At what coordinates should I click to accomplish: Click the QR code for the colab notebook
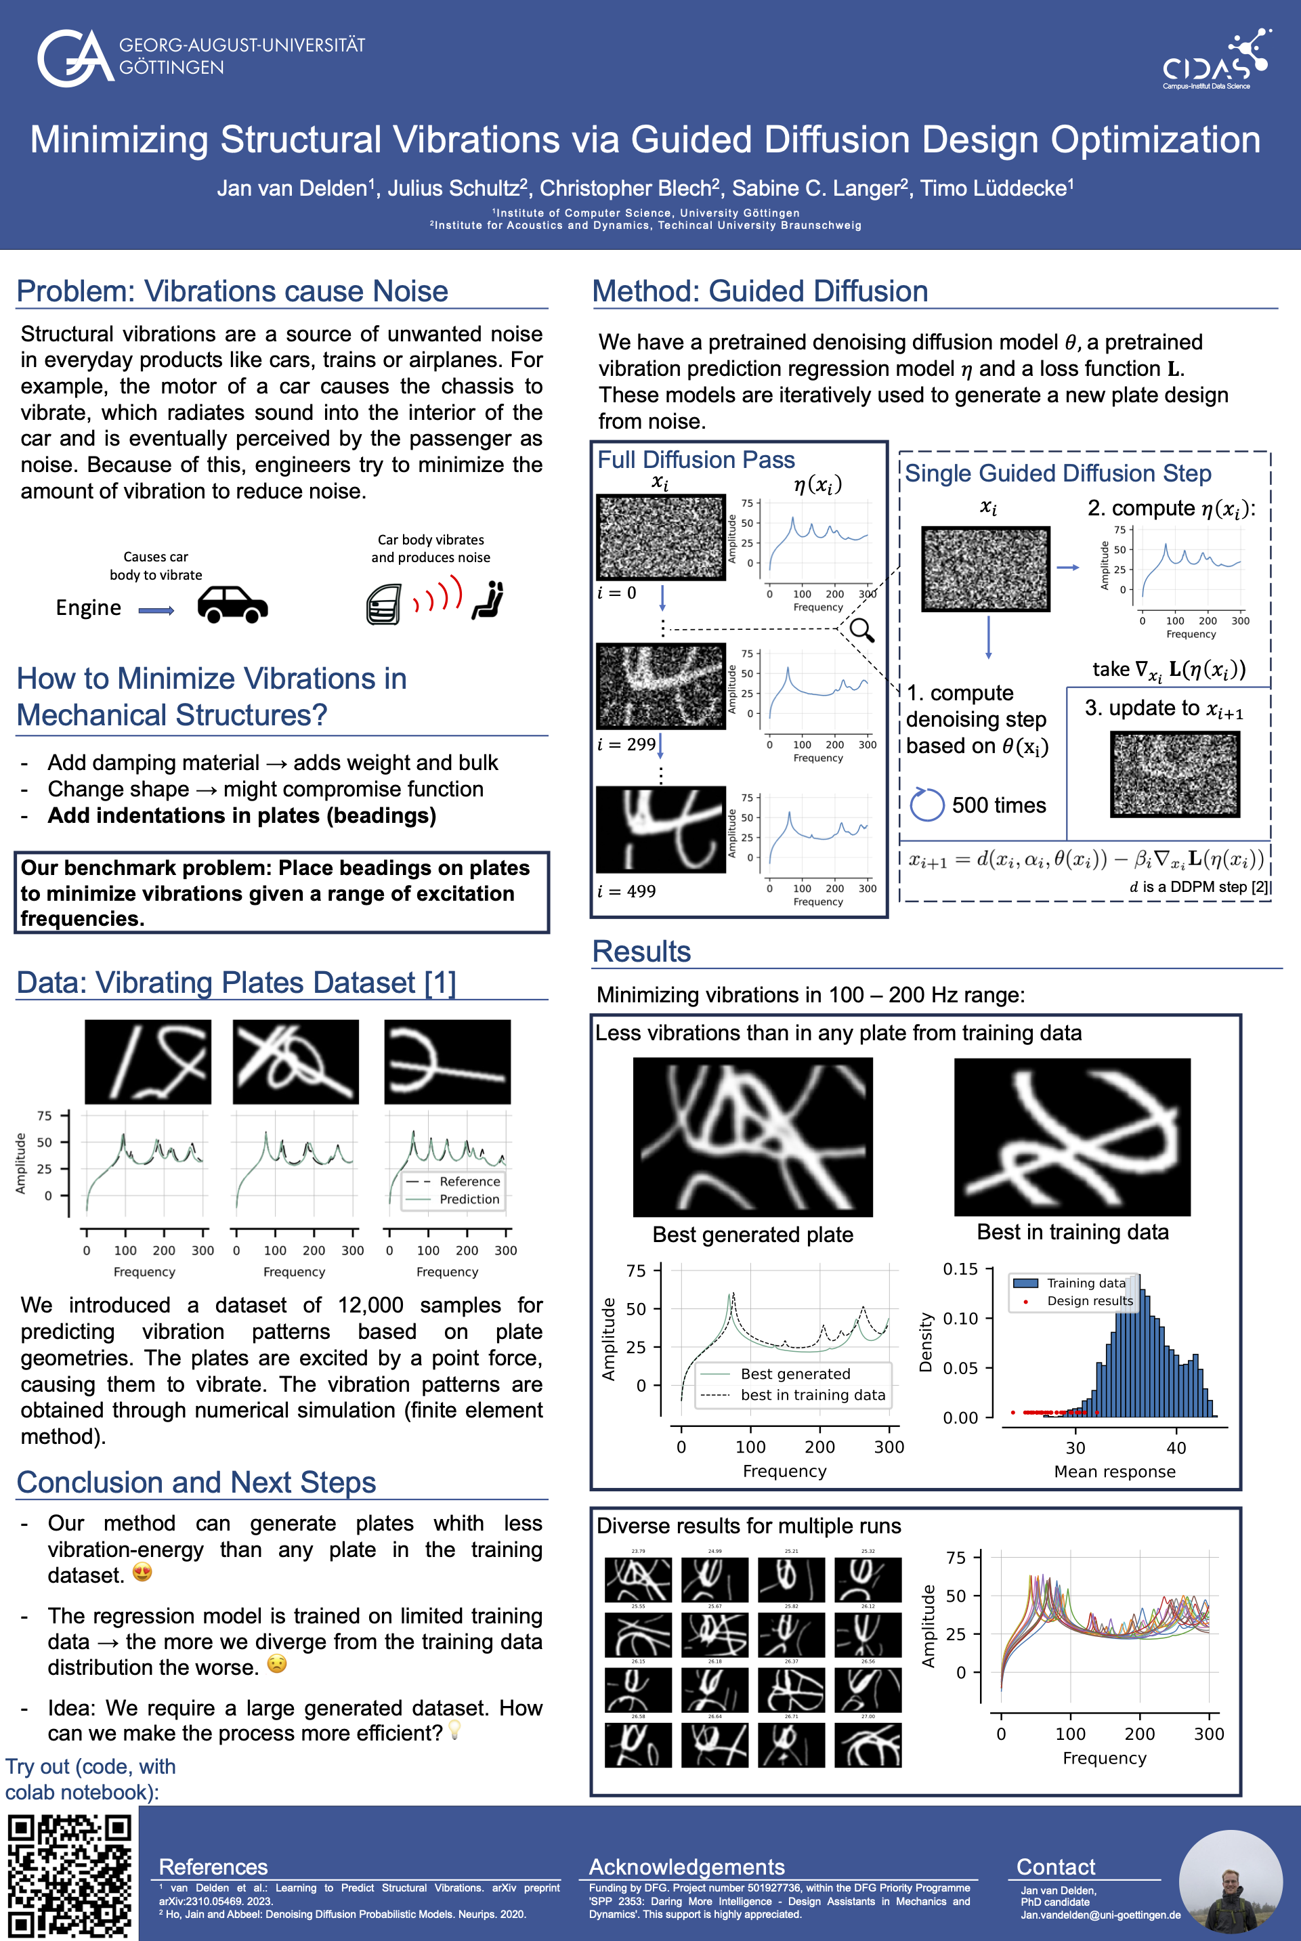click(x=69, y=1876)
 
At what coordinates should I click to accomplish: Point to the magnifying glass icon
click(x=862, y=631)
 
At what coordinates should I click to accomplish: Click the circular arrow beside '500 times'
click(x=926, y=804)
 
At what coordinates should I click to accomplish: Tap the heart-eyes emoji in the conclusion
click(x=143, y=1572)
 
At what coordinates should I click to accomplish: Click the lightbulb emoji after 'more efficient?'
click(x=454, y=1730)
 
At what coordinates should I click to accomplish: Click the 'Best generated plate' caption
click(x=752, y=1234)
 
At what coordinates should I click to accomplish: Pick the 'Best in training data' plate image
click(x=1072, y=1136)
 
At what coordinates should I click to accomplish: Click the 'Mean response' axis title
click(x=1114, y=1472)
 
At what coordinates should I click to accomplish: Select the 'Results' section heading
click(x=641, y=952)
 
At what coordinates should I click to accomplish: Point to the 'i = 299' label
click(x=626, y=744)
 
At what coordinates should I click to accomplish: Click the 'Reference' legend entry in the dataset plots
click(x=469, y=1181)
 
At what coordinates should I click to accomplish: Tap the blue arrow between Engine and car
click(x=156, y=610)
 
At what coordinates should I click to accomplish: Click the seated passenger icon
click(x=489, y=600)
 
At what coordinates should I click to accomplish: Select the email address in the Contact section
click(x=1101, y=1915)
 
